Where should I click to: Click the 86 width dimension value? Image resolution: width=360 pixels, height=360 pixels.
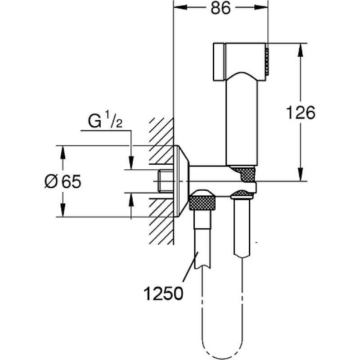click(x=220, y=9)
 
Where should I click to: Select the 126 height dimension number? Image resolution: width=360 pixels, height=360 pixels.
click(x=301, y=113)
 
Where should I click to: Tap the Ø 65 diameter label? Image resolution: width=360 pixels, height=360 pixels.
click(x=63, y=182)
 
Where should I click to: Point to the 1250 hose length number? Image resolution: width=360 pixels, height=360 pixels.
click(x=163, y=294)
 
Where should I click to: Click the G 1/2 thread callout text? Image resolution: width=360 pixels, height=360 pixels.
click(x=105, y=121)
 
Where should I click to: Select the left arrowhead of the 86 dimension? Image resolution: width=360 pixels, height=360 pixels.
click(x=181, y=8)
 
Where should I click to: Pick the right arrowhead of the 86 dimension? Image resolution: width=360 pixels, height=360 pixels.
click(x=261, y=8)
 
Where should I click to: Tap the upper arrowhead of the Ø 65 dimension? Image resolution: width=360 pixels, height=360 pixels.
click(x=63, y=153)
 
